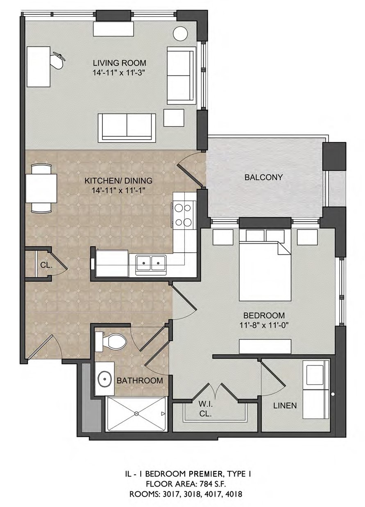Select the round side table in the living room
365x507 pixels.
click(180, 34)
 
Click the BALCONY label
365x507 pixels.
click(263, 177)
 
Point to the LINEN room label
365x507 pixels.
click(285, 405)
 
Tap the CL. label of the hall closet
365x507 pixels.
click(46, 265)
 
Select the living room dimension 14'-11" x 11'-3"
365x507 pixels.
click(119, 73)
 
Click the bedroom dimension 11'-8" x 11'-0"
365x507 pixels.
click(264, 326)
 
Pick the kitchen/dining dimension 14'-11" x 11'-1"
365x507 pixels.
click(118, 190)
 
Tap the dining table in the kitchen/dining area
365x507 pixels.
click(41, 188)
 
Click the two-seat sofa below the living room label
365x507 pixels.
click(127, 128)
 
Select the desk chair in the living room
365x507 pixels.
click(58, 60)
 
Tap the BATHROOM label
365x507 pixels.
click(140, 380)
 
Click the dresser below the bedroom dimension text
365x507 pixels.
click(265, 346)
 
